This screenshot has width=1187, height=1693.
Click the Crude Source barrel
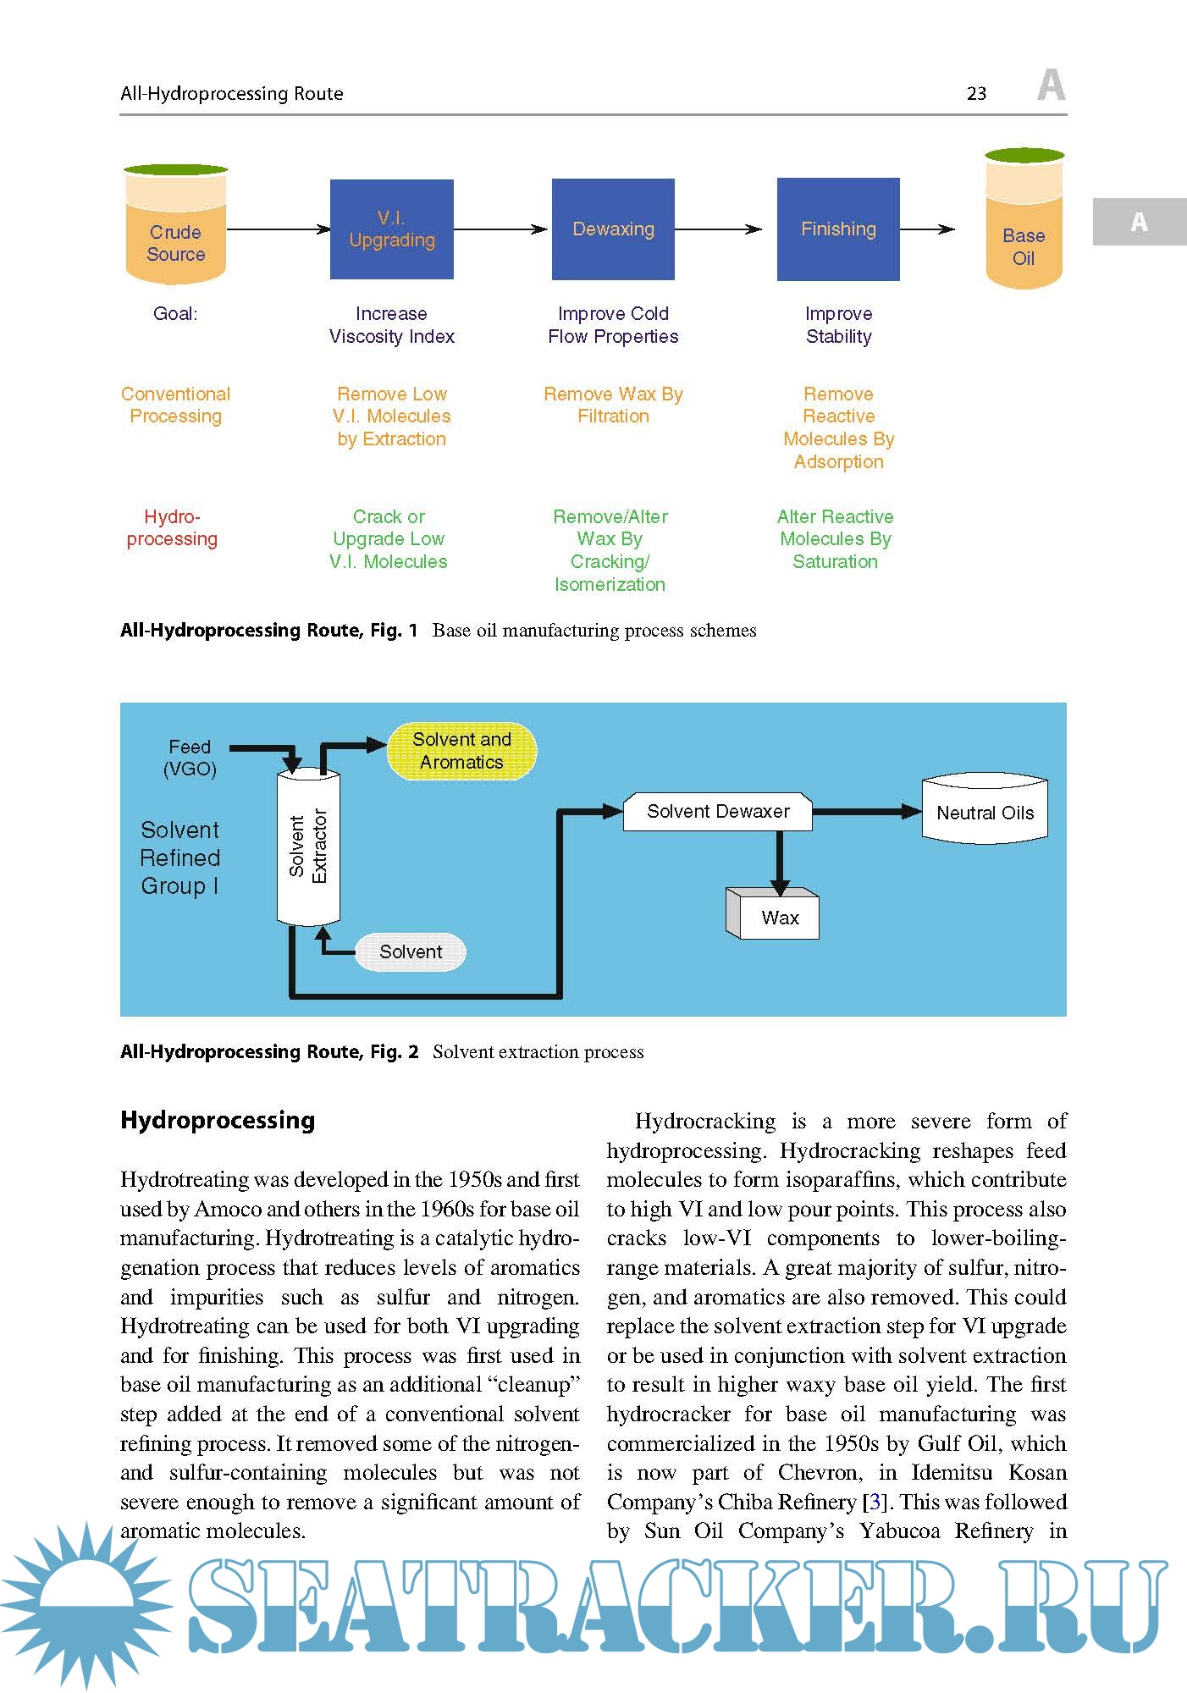click(176, 226)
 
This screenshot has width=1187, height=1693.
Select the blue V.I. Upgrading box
click(392, 229)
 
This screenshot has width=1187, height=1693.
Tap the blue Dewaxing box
click(613, 229)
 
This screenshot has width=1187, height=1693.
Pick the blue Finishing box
click(838, 229)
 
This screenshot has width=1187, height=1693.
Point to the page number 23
click(976, 94)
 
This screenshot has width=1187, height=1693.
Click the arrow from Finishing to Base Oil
click(927, 229)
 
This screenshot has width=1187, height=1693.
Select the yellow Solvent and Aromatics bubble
click(461, 751)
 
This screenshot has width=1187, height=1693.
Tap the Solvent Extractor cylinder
click(308, 846)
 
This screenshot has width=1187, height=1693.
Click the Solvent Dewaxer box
click(718, 812)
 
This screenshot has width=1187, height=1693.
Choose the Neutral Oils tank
click(985, 811)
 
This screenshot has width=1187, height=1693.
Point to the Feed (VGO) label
click(190, 758)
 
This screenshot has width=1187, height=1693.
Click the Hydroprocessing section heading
click(218, 1120)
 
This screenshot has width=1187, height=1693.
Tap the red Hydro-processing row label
click(172, 528)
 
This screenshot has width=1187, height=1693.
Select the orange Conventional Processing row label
click(175, 405)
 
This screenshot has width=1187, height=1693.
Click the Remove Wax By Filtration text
click(613, 405)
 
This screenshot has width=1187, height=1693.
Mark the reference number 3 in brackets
click(875, 1503)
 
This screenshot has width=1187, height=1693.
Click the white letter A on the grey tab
click(1140, 222)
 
